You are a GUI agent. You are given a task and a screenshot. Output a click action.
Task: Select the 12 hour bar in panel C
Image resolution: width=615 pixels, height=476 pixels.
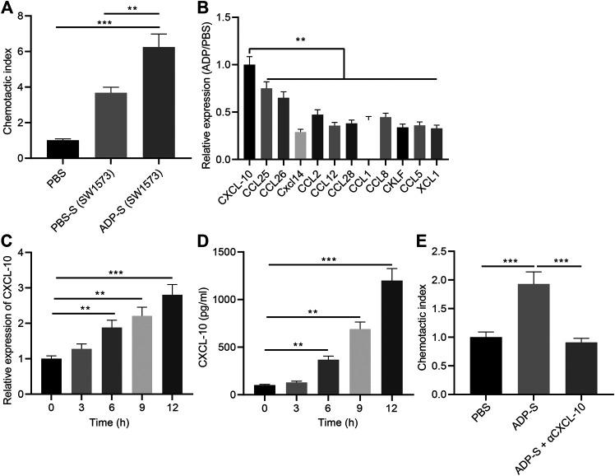[x=172, y=345]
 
